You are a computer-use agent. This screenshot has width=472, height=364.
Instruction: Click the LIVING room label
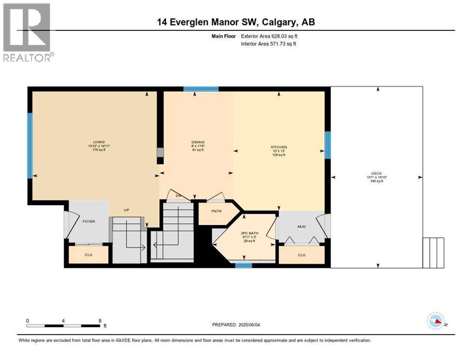click(x=99, y=142)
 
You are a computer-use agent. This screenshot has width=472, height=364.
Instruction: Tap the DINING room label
click(x=198, y=142)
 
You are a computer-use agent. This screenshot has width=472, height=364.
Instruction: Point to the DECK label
click(x=377, y=173)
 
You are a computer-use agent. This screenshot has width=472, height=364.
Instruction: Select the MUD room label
click(x=302, y=227)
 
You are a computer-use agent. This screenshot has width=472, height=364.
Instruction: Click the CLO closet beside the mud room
click(x=302, y=255)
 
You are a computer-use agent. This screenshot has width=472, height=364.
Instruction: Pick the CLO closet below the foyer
click(x=89, y=255)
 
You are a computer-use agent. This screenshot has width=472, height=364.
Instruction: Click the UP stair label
click(x=127, y=210)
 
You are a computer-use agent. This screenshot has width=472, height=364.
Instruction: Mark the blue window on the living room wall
click(x=30, y=146)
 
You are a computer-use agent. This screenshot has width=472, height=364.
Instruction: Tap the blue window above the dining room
click(x=201, y=89)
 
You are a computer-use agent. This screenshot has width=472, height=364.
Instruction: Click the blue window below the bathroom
click(x=244, y=265)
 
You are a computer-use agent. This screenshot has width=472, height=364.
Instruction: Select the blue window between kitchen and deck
click(x=327, y=145)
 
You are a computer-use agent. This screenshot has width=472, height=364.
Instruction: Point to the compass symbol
click(x=436, y=321)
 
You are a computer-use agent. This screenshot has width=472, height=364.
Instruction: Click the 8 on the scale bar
click(x=100, y=320)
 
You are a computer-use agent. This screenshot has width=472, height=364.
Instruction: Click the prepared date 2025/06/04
click(x=236, y=325)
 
